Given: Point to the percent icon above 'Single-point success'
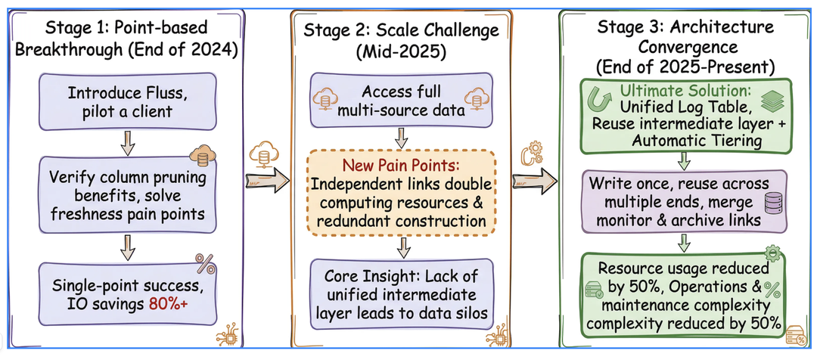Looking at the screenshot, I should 205,263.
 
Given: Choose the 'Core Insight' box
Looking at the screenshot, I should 401,293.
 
